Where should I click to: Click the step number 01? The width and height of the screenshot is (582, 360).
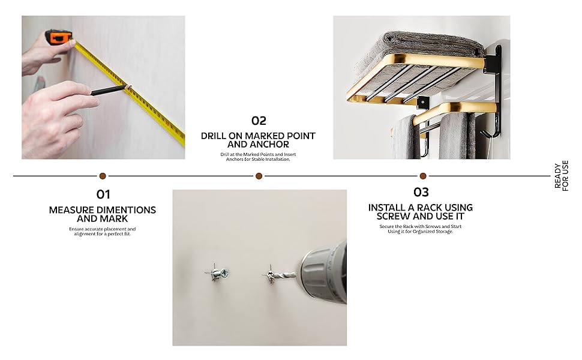pos(103,194)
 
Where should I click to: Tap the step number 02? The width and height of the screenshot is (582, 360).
pos(259,121)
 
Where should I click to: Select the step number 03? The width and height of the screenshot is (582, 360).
pos(421,192)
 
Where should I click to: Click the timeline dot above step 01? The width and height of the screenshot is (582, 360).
pos(103,176)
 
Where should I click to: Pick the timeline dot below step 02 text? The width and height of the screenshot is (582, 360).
pos(259,176)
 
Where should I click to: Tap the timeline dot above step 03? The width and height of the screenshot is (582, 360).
pos(422,176)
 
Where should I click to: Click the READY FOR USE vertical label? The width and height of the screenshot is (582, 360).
pos(561,176)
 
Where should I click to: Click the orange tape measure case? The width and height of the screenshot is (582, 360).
pos(59,37)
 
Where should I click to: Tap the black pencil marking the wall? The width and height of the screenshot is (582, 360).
pos(108,90)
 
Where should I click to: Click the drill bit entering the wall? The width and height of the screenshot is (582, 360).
pos(284,275)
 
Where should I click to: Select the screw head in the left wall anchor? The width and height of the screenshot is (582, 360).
pos(225,274)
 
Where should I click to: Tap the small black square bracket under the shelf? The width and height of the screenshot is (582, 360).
pos(422,102)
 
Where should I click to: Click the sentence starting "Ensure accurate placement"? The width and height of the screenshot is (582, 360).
pos(103,232)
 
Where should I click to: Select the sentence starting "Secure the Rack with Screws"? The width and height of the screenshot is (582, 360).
pos(421,229)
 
